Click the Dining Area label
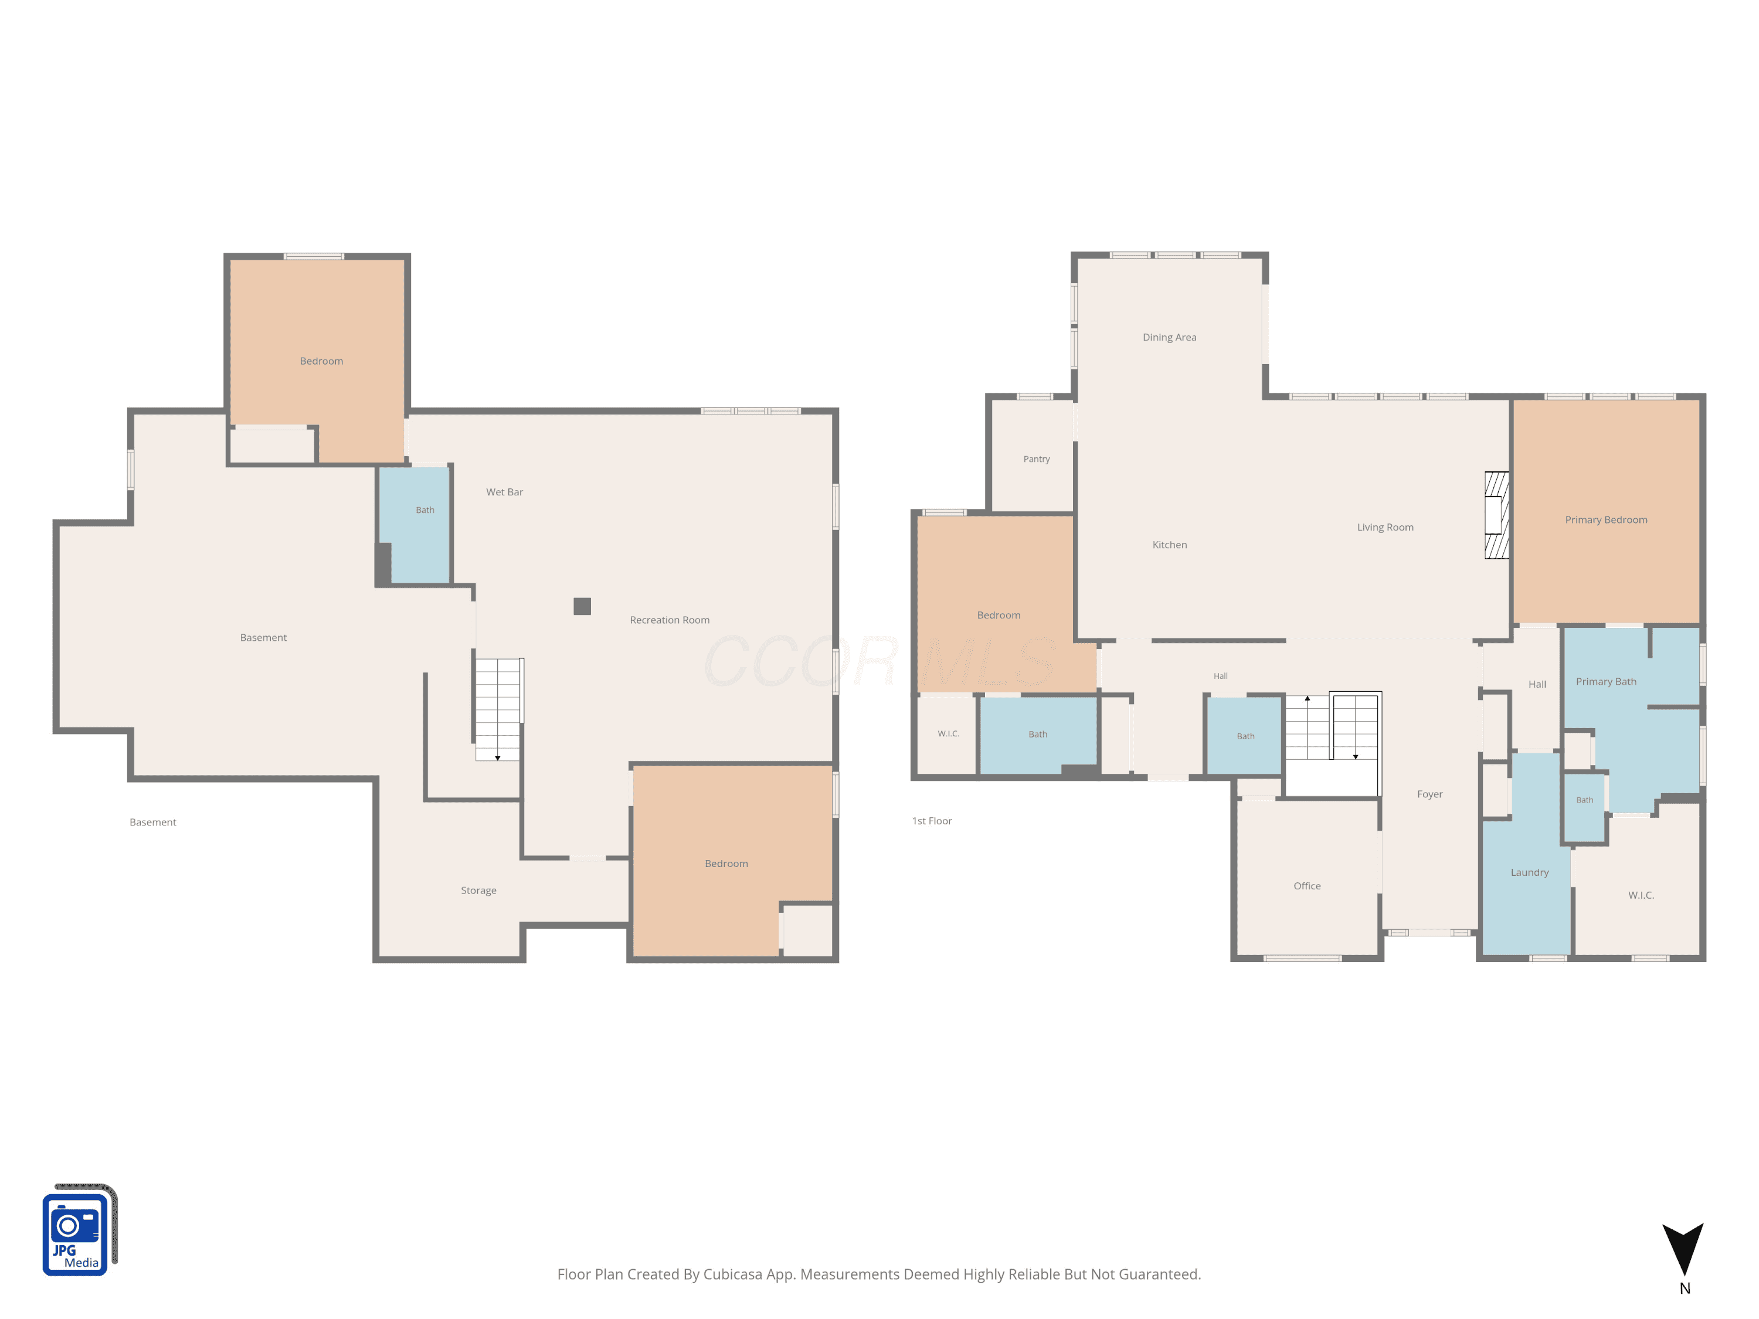pyautogui.click(x=1169, y=337)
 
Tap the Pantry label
pyautogui.click(x=1036, y=459)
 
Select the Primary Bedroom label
pyautogui.click(x=1605, y=520)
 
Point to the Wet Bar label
pyautogui.click(x=504, y=492)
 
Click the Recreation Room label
pyautogui.click(x=670, y=620)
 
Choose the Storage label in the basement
pyautogui.click(x=478, y=890)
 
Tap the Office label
pyautogui.click(x=1306, y=886)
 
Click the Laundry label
pyautogui.click(x=1529, y=872)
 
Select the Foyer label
pyautogui.click(x=1429, y=794)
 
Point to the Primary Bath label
pyautogui.click(x=1605, y=681)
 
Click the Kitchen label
pyautogui.click(x=1169, y=545)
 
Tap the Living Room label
pyautogui.click(x=1384, y=527)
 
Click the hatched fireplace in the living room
pyautogui.click(x=1496, y=515)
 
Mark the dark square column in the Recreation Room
pyautogui.click(x=582, y=607)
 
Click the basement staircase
pyautogui.click(x=498, y=709)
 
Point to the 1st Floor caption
pyautogui.click(x=931, y=821)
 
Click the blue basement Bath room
pyautogui.click(x=415, y=525)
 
